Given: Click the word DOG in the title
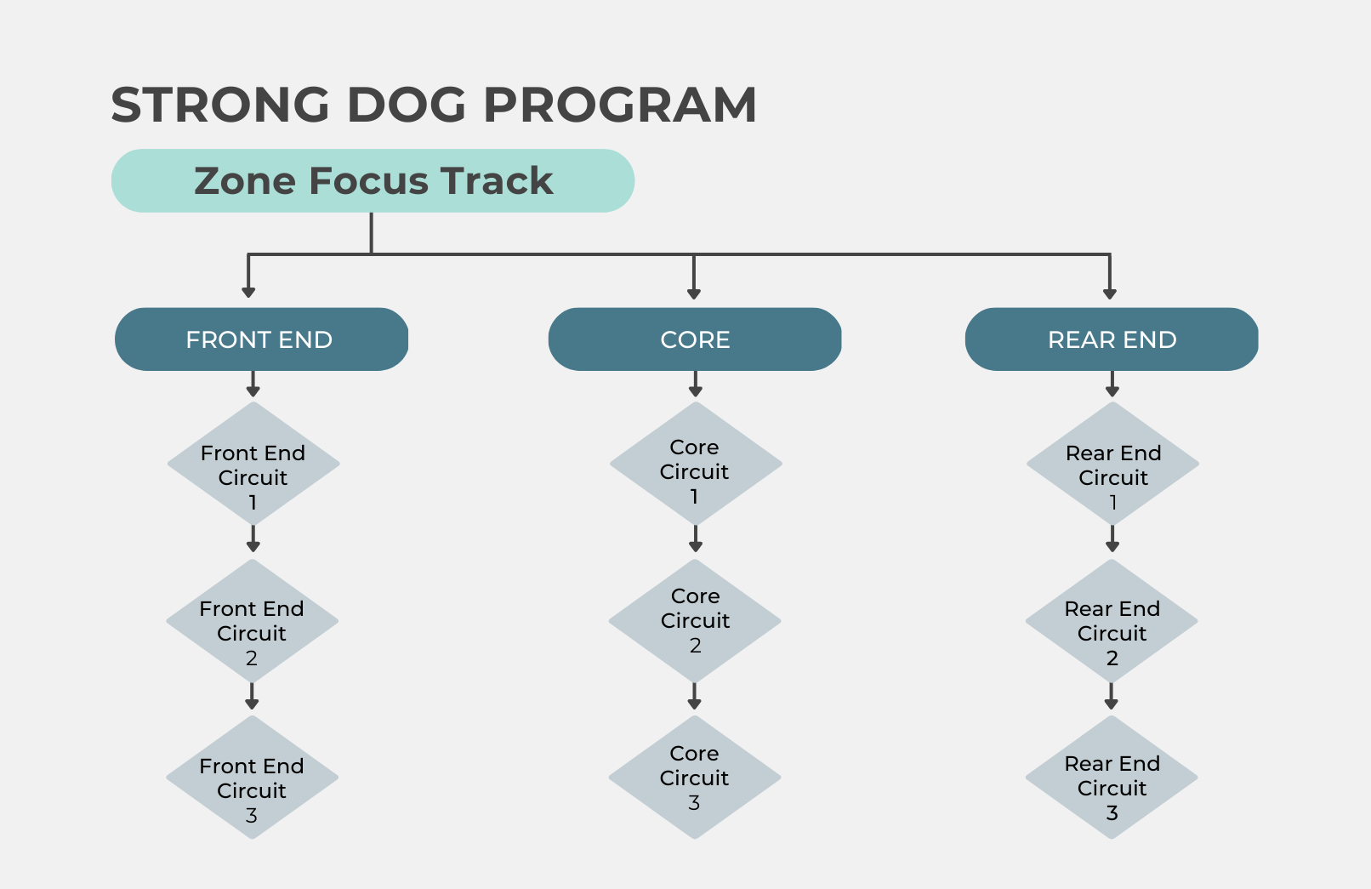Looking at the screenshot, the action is coord(407,105).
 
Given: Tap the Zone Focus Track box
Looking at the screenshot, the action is coord(373,180).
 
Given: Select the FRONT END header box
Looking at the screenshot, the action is coord(261,339).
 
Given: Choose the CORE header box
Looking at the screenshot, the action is coord(695,339).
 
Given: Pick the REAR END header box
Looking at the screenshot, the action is coord(1112,339).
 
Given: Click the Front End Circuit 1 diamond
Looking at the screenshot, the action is coord(253,464).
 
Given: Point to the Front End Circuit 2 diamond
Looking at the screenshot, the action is coord(252,621).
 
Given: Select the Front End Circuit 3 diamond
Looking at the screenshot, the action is coord(252,778).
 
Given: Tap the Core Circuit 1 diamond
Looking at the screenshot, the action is coord(696,464).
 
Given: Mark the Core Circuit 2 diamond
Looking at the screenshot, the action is coord(695,621).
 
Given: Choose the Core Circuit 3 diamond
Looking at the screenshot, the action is coord(695,778).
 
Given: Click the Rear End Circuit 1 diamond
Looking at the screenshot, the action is coord(1112,464).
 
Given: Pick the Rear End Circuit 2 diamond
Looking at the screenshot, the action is coord(1112,621).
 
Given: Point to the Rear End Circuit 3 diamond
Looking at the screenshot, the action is coord(1112,778).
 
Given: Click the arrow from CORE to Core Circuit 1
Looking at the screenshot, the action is coord(696,384).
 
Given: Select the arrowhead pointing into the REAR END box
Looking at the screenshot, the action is coord(1110,293).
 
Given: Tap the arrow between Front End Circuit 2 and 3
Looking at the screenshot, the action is coord(252,697).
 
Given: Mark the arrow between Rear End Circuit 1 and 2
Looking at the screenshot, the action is coord(1112,539).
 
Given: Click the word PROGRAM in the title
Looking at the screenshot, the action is coord(620,105).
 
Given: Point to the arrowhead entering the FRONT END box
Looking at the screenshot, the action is coord(248,293).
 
